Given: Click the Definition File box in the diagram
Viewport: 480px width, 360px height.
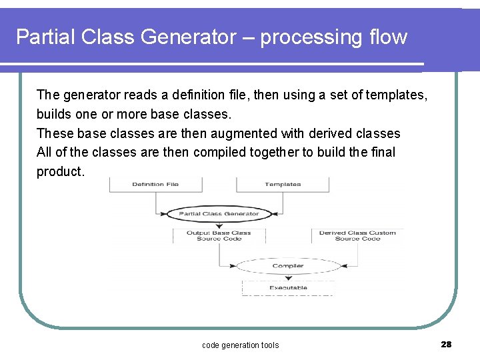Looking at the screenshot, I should (155, 185).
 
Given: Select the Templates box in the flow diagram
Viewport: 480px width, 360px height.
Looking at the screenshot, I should (283, 185).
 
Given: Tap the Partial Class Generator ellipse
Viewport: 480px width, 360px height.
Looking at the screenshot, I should (219, 215).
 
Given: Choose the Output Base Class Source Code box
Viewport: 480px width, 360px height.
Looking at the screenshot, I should (219, 235).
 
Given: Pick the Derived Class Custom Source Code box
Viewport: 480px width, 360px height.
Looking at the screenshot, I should (357, 235).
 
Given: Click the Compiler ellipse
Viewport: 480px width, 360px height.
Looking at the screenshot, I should (288, 266).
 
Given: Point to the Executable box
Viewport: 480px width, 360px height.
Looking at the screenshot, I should (288, 288).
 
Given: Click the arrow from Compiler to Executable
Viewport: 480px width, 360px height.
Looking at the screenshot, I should (288, 277).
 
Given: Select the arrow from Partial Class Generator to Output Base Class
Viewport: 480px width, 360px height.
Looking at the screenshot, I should (219, 225).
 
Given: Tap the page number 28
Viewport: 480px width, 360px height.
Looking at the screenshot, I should (446, 344).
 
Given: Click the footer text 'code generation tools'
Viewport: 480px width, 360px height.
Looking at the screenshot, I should (240, 345).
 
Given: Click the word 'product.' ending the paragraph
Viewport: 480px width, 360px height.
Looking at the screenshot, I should (61, 171).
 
